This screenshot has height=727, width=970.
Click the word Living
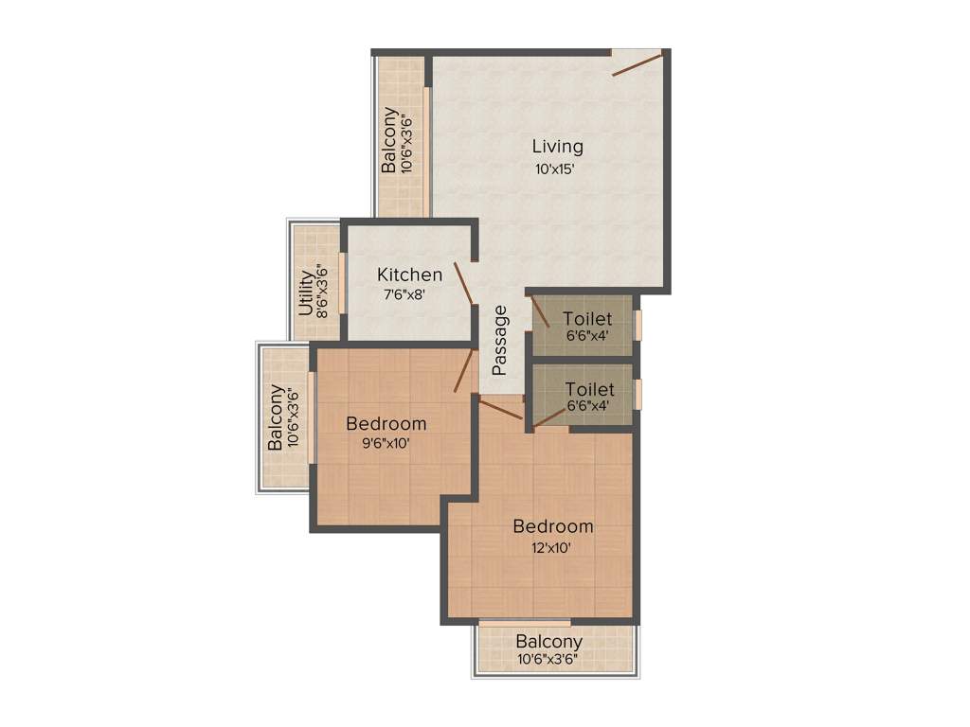pos(557,147)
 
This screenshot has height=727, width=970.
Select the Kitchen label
pos(409,275)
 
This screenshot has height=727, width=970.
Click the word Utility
pos(306,293)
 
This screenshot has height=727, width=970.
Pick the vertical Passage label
pos(500,339)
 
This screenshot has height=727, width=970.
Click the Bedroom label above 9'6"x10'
pos(386,423)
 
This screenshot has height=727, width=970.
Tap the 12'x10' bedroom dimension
pos(553,547)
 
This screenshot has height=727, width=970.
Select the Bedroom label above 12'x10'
pos(553,526)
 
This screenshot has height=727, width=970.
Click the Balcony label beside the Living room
pos(389,140)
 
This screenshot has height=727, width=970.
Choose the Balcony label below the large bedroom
pos(549,642)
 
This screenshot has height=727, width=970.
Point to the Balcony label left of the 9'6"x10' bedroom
pos(275,417)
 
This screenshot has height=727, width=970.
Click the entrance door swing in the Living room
pos(637,63)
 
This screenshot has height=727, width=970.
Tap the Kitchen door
pos(463,283)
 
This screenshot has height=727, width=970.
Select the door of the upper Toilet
pos(539,311)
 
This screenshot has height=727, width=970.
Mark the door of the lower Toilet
pos(549,417)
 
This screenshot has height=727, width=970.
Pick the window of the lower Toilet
pos(638,393)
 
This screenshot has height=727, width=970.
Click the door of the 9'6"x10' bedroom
pos(463,370)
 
